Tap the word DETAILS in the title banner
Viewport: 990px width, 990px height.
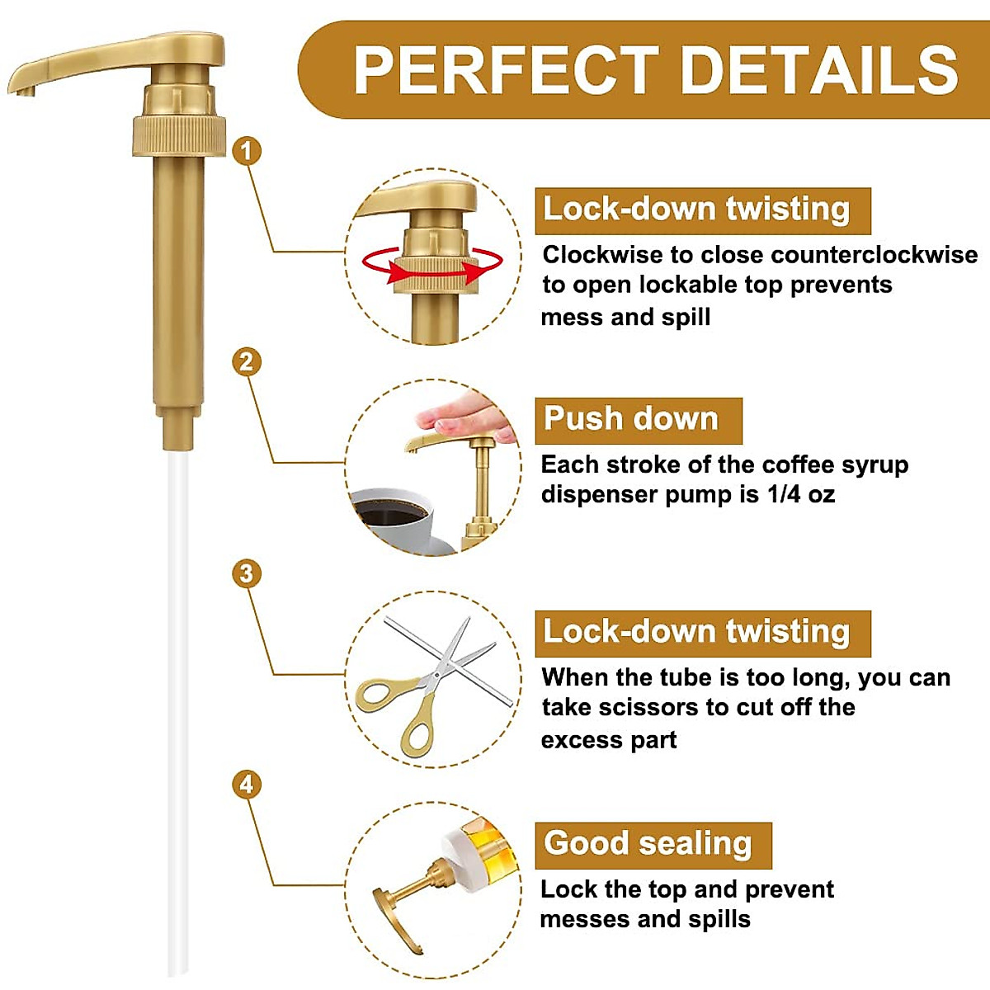(x=820, y=71)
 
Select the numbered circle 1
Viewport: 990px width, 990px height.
(x=247, y=151)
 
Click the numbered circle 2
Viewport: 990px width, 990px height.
(x=247, y=361)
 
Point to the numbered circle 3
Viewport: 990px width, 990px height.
(x=247, y=573)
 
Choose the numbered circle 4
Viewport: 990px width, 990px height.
(x=247, y=784)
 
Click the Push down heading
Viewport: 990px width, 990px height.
(x=631, y=419)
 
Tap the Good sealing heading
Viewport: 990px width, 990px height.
(x=648, y=844)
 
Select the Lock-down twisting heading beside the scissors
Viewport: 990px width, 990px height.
(x=696, y=632)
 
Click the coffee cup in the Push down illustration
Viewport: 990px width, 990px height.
(x=392, y=516)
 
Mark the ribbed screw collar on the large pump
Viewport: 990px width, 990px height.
(x=179, y=136)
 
